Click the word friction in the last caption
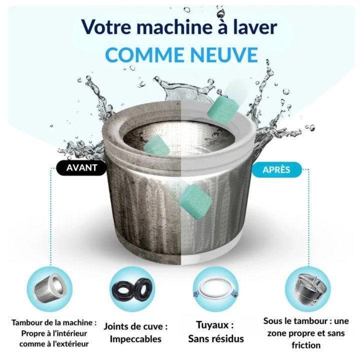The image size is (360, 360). click(305, 345)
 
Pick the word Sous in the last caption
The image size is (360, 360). click(273, 321)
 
